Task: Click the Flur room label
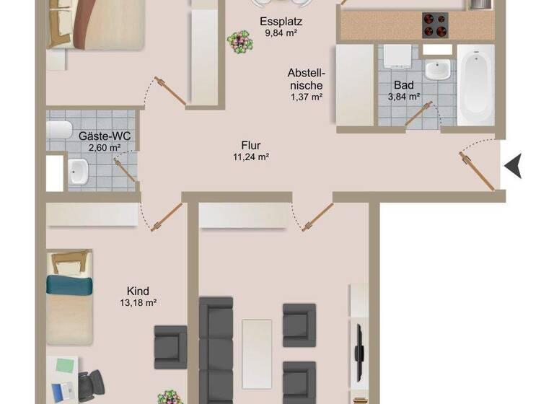tap(251, 146)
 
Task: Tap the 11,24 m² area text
tap(251, 157)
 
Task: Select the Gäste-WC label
tap(100, 135)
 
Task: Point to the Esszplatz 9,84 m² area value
tap(279, 32)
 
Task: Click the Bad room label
tap(404, 84)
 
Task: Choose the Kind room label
tap(137, 291)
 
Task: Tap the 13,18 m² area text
tap(138, 303)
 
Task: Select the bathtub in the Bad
tap(475, 84)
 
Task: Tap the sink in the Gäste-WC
tap(78, 172)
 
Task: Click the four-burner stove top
tap(435, 25)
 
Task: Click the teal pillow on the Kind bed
tap(70, 285)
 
